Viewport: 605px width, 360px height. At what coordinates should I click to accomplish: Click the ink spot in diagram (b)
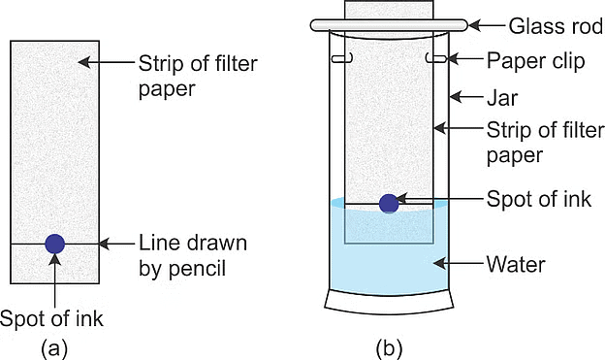[x=389, y=204]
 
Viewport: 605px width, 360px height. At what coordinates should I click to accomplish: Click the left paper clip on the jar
[x=341, y=59]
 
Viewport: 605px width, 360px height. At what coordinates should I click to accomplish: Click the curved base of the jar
[x=389, y=304]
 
